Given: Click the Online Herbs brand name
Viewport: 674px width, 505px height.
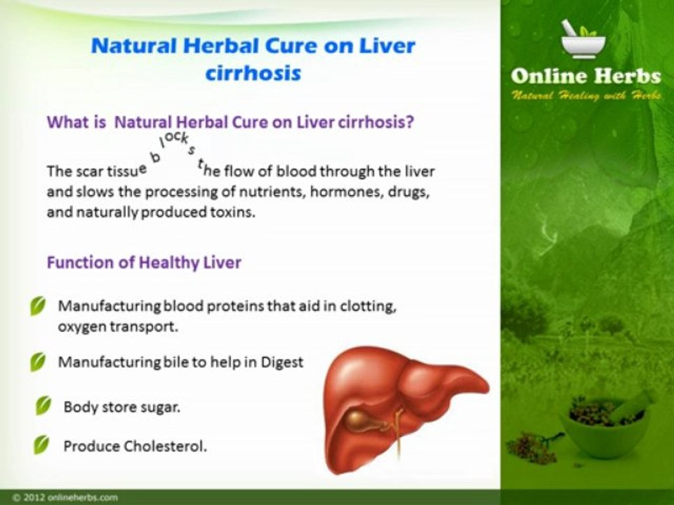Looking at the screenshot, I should pos(586,76).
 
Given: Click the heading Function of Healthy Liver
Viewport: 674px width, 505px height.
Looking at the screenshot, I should pos(144,263).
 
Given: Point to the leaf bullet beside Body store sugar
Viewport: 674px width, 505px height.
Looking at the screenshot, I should pos(44,406).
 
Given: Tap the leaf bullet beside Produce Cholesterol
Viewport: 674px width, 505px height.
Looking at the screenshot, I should pos(44,445).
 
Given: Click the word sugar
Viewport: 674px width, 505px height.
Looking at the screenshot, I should pos(161,407).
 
